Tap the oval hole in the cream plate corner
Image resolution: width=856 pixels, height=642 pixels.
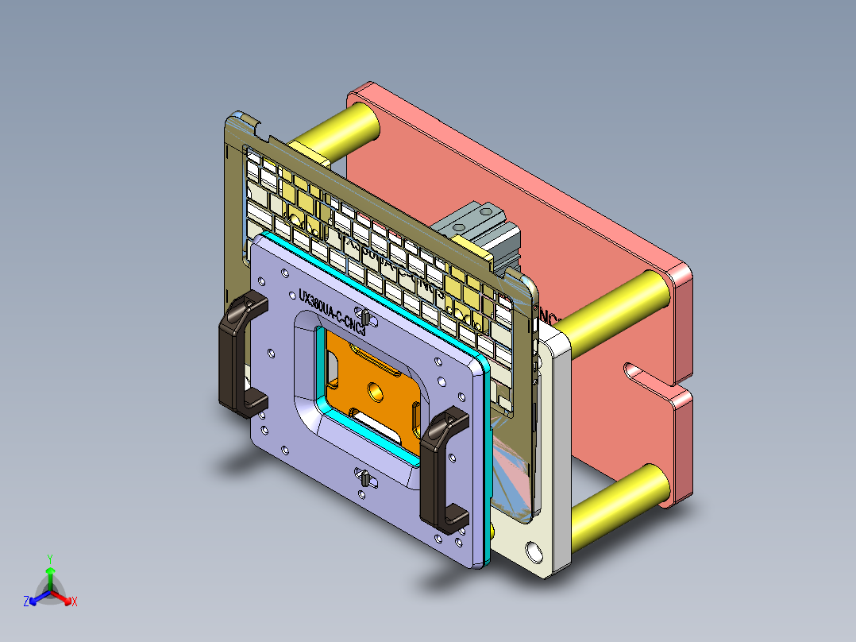[x=534, y=551]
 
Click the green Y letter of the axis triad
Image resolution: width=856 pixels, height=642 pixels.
[x=49, y=559]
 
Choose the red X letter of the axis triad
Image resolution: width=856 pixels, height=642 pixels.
[x=75, y=602]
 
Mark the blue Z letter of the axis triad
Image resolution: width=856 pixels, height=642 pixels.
[x=26, y=602]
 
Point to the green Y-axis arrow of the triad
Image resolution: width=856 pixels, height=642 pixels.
[x=49, y=576]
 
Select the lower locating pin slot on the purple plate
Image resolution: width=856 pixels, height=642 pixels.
[x=363, y=479]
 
